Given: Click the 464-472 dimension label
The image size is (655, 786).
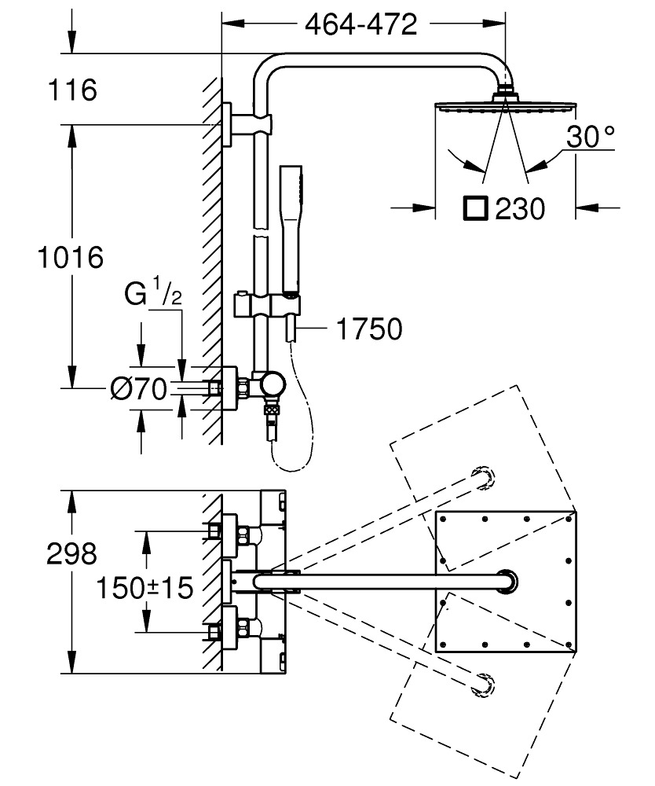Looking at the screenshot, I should point(360,25).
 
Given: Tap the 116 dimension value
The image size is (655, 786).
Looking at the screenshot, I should point(72,90).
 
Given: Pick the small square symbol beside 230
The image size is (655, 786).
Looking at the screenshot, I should point(476,208).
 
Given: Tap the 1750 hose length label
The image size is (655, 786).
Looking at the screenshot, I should point(368,329).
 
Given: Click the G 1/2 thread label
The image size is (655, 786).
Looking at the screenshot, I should point(153,296).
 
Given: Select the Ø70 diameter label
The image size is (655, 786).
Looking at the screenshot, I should point(138,388).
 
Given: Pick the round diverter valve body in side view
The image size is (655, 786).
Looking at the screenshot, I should point(274,385).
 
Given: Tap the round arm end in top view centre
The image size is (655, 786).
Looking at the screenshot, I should point(508,582).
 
